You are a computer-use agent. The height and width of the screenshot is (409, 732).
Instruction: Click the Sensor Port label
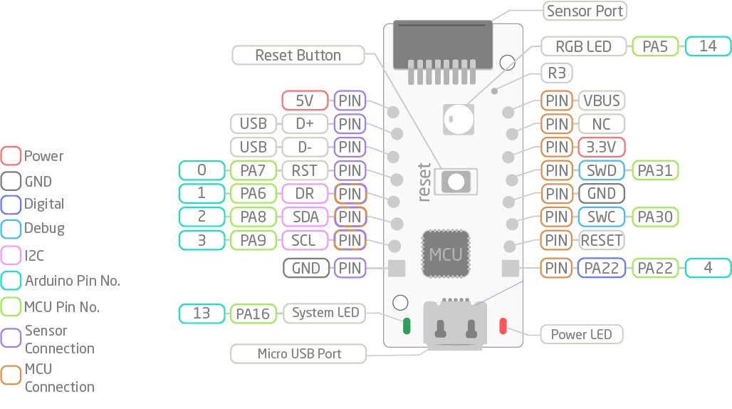tap(585, 11)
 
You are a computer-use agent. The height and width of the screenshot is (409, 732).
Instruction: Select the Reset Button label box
tap(298, 55)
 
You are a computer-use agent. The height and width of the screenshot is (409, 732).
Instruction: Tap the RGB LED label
tap(584, 47)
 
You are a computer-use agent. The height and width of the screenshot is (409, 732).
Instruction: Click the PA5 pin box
tap(655, 47)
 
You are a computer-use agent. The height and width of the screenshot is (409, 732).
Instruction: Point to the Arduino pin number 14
tap(708, 47)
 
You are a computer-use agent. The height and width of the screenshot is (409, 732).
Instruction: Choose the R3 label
tap(557, 73)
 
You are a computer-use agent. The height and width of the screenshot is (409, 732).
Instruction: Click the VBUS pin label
tap(601, 100)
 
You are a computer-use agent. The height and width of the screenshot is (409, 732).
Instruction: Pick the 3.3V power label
tap(601, 147)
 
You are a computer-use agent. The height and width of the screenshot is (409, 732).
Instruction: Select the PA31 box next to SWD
tap(655, 171)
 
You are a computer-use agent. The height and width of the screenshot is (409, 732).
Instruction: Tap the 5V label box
tap(305, 100)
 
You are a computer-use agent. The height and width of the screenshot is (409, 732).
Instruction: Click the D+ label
tap(305, 124)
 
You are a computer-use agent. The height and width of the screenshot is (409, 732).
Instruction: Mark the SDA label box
tap(305, 217)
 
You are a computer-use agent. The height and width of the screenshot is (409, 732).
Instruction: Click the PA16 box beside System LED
tap(253, 313)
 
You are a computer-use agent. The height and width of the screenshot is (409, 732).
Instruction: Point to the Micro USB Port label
tap(299, 353)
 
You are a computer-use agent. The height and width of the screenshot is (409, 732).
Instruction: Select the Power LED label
tap(581, 334)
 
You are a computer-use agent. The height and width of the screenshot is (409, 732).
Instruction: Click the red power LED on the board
tap(503, 326)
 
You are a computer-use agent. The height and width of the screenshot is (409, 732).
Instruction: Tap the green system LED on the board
tap(407, 326)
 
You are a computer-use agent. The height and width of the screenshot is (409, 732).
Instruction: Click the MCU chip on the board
tap(446, 254)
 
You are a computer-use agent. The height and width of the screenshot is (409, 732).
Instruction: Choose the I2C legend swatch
tap(11, 255)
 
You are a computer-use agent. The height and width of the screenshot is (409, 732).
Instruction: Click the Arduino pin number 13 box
tap(202, 313)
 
